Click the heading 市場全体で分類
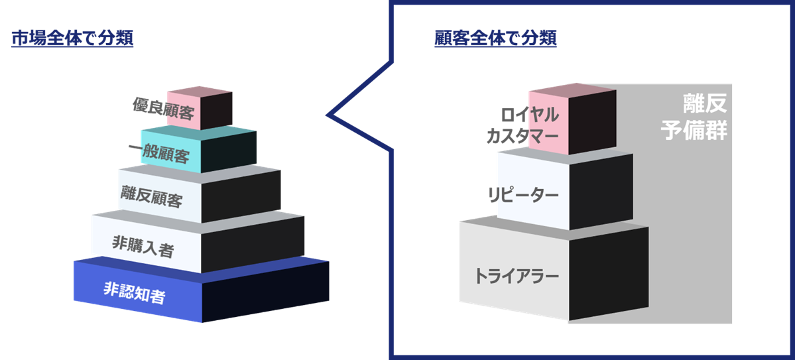click(x=72, y=39)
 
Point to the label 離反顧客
click(x=151, y=197)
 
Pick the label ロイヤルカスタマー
click(x=522, y=126)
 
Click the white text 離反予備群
click(x=694, y=117)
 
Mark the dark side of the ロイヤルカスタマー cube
click(x=593, y=123)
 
